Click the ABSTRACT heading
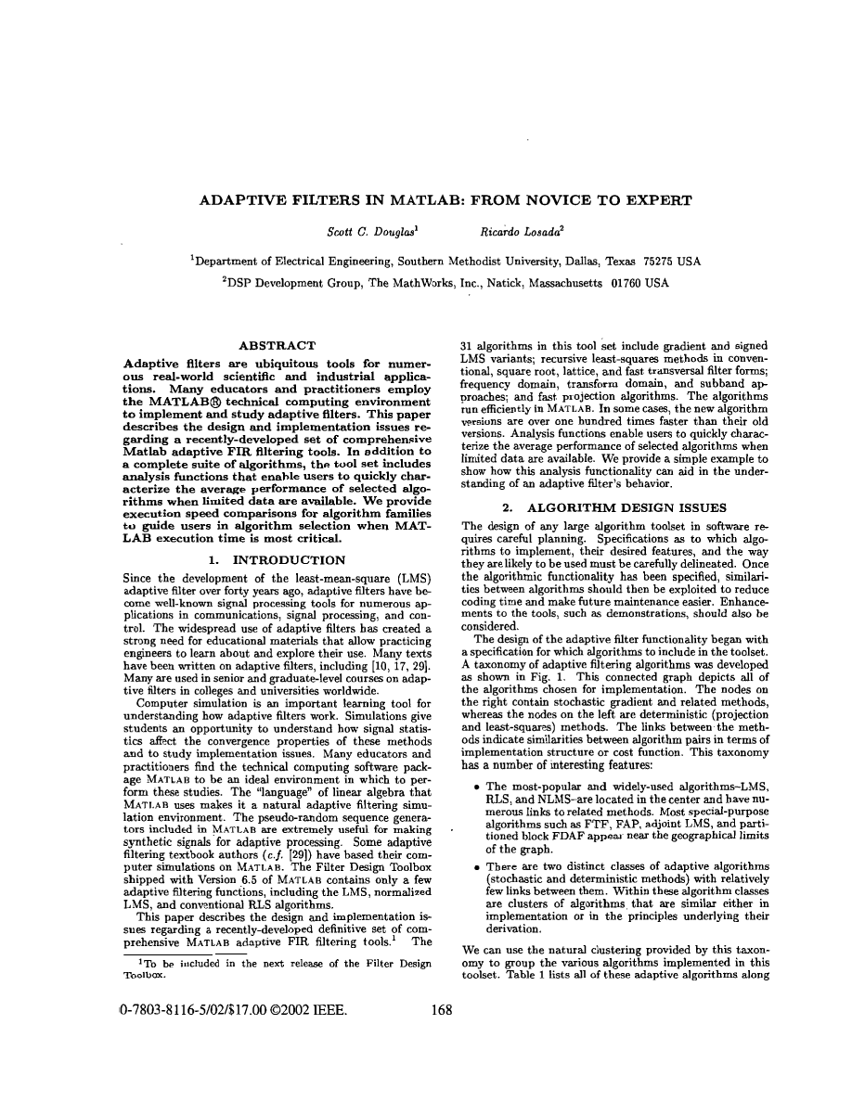point(278,345)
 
